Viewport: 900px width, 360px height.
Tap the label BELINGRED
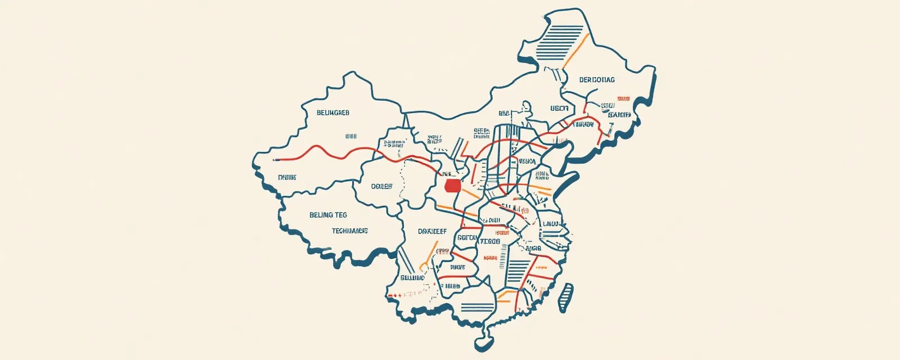(x=333, y=113)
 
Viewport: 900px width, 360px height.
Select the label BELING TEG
(x=328, y=215)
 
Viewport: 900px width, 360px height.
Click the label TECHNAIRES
(x=349, y=231)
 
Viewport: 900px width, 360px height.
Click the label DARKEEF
(x=432, y=231)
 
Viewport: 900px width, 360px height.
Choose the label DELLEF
(x=382, y=186)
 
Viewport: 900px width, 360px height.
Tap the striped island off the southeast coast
(x=566, y=297)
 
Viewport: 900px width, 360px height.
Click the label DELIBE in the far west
(x=287, y=178)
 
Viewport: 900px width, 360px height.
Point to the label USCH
(x=559, y=108)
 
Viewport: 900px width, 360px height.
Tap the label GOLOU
(x=467, y=238)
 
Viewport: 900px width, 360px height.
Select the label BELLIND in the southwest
(x=412, y=278)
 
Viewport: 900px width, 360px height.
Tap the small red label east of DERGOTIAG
(x=623, y=98)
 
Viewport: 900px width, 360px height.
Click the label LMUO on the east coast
(x=550, y=224)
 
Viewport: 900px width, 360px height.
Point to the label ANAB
(x=533, y=248)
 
